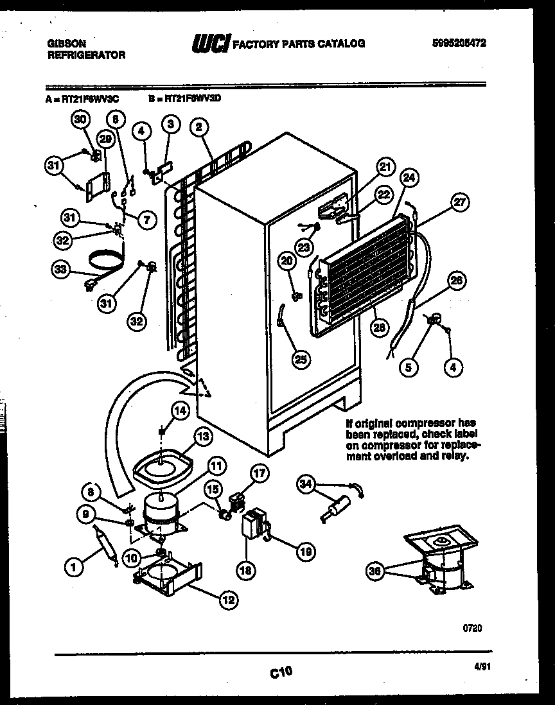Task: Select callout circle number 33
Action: [60, 270]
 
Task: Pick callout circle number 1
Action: [75, 566]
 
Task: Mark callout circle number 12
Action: [227, 601]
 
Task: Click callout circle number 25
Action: [300, 359]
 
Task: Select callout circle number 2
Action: [200, 127]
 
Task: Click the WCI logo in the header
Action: [210, 44]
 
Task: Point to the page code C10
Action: [280, 672]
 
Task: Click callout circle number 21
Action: [384, 168]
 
